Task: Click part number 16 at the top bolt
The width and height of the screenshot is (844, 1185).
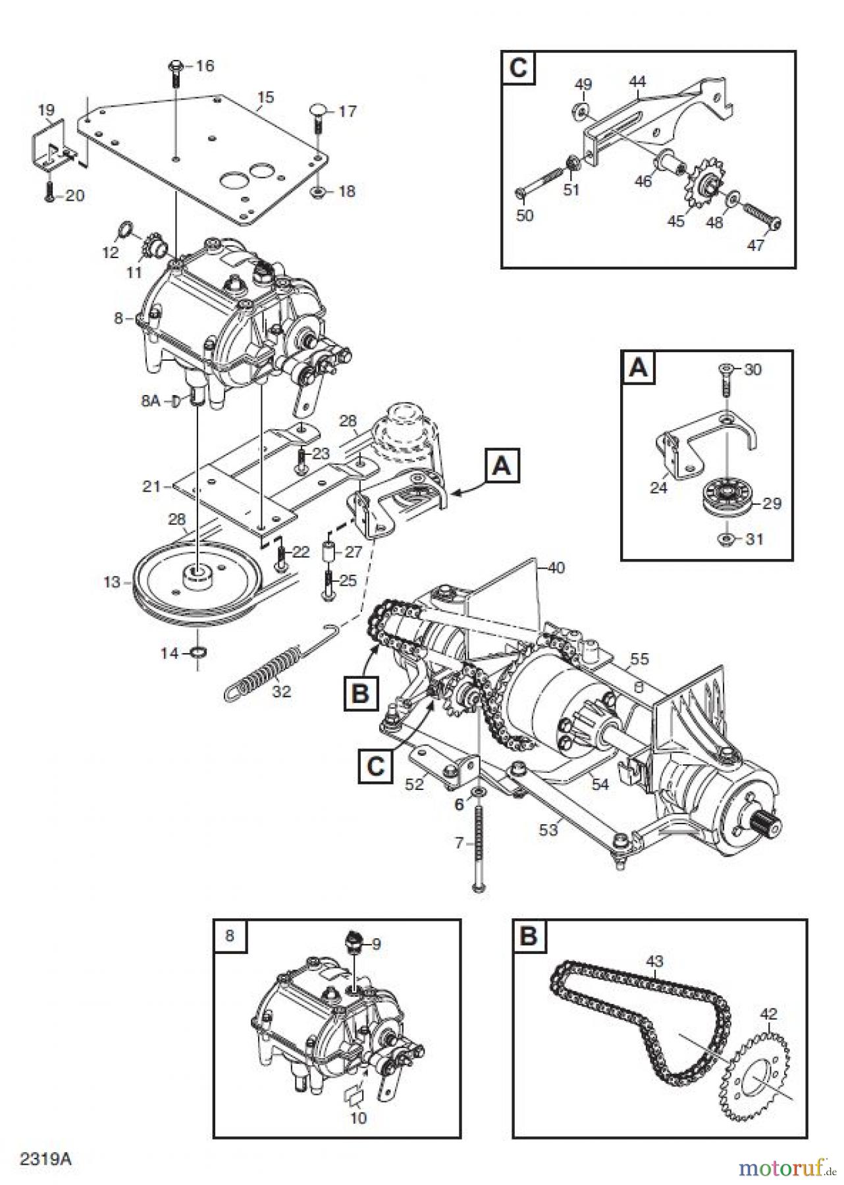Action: tap(205, 66)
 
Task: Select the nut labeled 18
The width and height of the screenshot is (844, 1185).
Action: tap(315, 192)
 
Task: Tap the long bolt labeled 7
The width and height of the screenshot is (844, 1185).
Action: tap(479, 849)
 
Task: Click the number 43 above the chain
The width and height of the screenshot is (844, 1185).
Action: tap(654, 962)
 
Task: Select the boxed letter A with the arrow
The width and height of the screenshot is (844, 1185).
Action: tap(502, 467)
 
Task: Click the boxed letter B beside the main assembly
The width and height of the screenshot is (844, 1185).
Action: tap(360, 694)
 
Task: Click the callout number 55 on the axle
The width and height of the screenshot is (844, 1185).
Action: tap(639, 658)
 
